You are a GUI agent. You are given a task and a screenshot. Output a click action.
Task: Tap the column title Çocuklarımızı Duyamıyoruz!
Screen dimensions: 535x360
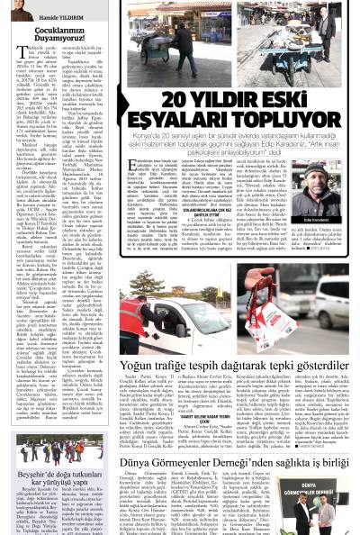[x=53, y=34]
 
